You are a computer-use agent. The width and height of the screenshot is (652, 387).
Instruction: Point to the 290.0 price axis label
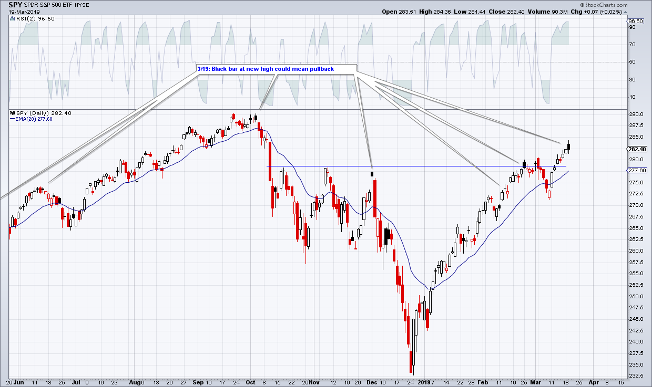637,114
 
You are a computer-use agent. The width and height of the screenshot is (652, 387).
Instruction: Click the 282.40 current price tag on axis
637,149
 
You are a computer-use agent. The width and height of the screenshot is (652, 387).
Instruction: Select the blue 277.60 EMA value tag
637,171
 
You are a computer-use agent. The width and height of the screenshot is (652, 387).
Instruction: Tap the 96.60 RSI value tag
637,21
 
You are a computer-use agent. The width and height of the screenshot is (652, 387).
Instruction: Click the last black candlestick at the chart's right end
569,147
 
